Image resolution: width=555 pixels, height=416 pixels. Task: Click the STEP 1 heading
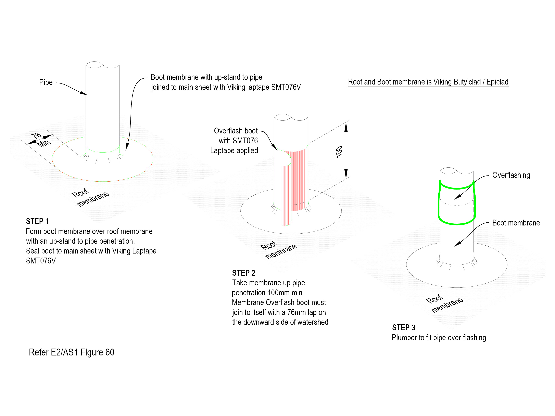click(37, 221)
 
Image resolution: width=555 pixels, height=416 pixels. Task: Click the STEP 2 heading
click(243, 273)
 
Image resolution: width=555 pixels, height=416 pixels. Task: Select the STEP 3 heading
click(404, 327)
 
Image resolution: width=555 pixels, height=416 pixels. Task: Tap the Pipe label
click(46, 82)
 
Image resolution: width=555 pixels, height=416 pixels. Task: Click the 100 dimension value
click(339, 152)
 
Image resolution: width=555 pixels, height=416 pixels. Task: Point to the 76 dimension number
click(36, 135)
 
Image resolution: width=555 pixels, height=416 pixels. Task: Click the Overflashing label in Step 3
click(511, 175)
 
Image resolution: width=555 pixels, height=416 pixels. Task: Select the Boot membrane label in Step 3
click(516, 223)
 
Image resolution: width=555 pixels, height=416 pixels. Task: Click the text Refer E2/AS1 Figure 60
click(72, 352)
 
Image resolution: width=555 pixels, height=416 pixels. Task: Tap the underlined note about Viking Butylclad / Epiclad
click(428, 82)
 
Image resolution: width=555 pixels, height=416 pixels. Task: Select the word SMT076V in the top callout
click(286, 87)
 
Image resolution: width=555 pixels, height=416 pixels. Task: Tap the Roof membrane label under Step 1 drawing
click(90, 198)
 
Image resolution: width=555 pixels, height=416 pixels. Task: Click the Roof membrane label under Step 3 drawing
click(444, 303)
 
